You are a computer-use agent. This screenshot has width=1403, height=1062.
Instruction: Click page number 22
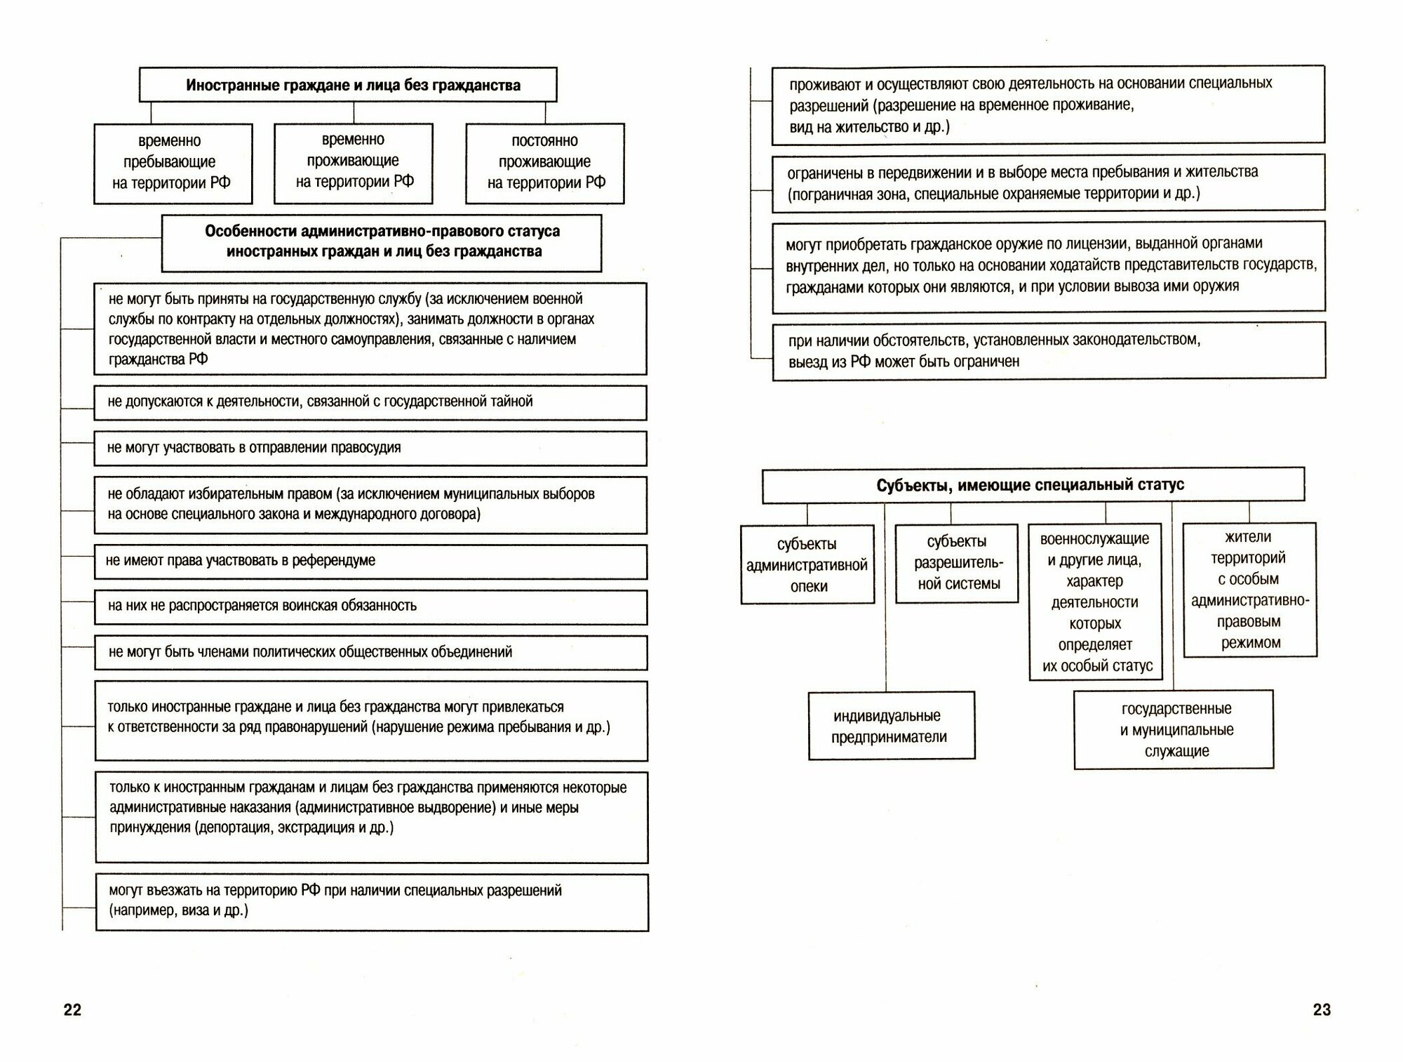click(72, 1009)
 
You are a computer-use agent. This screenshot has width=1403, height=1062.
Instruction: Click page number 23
click(1322, 1009)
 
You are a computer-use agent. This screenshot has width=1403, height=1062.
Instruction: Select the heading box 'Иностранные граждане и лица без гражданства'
click(348, 85)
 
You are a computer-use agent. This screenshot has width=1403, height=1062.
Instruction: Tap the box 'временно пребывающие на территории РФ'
click(173, 163)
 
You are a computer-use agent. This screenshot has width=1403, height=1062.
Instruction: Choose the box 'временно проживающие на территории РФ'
click(354, 162)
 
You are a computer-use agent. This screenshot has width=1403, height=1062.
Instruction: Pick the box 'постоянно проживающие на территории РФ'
click(545, 163)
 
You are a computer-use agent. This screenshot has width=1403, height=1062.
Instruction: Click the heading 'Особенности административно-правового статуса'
click(382, 242)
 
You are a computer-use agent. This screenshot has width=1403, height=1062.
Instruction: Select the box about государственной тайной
click(370, 402)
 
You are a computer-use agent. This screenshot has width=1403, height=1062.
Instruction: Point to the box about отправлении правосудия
click(370, 448)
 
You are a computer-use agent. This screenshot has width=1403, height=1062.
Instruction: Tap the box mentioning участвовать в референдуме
click(370, 562)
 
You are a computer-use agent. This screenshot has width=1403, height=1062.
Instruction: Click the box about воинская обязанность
click(370, 606)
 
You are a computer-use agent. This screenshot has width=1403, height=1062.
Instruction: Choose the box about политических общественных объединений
click(370, 652)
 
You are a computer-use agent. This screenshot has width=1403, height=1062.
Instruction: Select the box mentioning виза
click(372, 901)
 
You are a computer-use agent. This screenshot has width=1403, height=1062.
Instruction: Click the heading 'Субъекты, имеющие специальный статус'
click(1033, 485)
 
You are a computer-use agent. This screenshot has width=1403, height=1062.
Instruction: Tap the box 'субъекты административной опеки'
click(807, 564)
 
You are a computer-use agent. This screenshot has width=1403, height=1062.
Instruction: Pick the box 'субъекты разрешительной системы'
click(957, 563)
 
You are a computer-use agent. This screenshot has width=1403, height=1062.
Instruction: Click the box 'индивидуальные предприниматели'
click(891, 726)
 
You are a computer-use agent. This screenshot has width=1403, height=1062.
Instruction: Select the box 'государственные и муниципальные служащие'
click(1174, 729)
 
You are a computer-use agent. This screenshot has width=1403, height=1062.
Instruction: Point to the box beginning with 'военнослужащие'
click(1095, 602)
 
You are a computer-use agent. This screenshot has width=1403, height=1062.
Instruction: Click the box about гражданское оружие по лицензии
click(1049, 266)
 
